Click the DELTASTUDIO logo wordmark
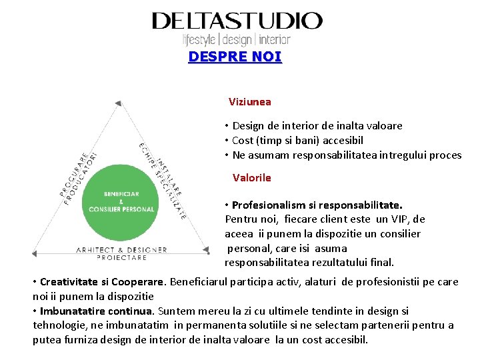237,21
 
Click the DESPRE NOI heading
235,57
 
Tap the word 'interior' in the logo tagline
275,39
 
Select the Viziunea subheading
249,102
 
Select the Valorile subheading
251,178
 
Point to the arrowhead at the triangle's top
119,103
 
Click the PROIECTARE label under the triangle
121,257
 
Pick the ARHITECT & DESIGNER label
121,250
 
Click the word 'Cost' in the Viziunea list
243,141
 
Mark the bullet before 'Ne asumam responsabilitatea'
227,155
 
